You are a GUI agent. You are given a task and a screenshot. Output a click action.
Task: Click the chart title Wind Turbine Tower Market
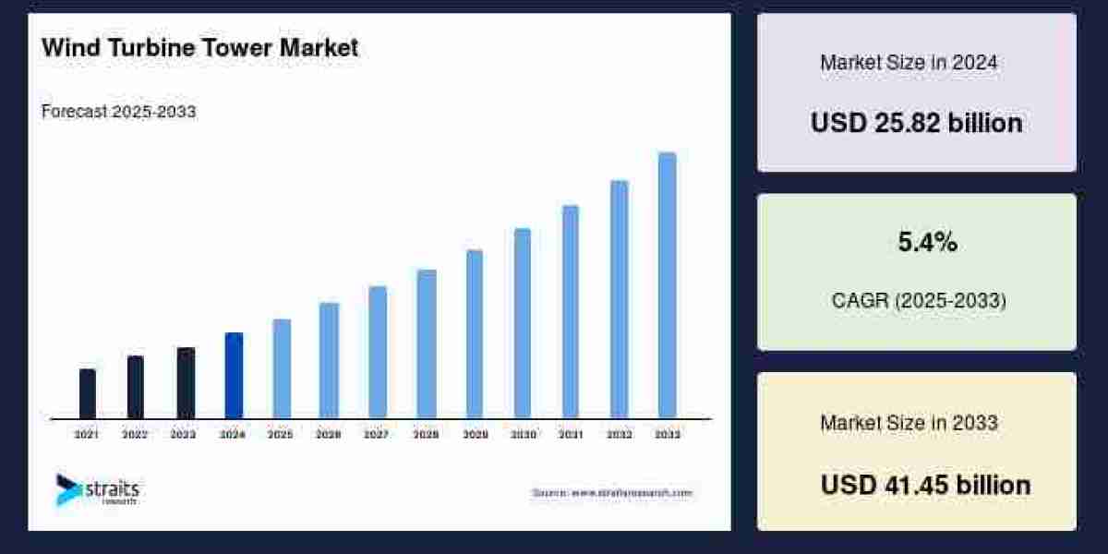pyautogui.click(x=199, y=48)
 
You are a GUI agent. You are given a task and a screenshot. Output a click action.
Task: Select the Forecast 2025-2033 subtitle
pyautogui.click(x=119, y=112)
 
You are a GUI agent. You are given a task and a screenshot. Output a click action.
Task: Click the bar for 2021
pyautogui.click(x=88, y=393)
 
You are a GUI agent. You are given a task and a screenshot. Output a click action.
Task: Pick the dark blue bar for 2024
pyautogui.click(x=234, y=375)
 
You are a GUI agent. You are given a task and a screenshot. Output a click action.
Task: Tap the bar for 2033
pyautogui.click(x=667, y=285)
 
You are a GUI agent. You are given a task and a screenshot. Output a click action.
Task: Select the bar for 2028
pyautogui.click(x=426, y=343)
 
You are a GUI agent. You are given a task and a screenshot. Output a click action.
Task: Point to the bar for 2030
pyautogui.click(x=523, y=323)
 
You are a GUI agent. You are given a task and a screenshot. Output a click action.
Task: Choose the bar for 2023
pyautogui.click(x=186, y=382)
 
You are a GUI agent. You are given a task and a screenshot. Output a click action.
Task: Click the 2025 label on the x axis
pyautogui.click(x=280, y=434)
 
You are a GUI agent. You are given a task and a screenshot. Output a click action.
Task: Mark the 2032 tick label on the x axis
pyautogui.click(x=619, y=434)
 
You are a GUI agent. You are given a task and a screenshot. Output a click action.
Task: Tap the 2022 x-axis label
pyautogui.click(x=135, y=434)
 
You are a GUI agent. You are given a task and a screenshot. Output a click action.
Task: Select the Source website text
pyautogui.click(x=611, y=493)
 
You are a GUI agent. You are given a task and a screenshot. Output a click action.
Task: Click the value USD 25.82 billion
pyautogui.click(x=916, y=123)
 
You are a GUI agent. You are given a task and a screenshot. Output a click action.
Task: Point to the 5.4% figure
pyautogui.click(x=927, y=243)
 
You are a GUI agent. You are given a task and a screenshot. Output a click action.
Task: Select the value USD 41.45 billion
pyautogui.click(x=925, y=485)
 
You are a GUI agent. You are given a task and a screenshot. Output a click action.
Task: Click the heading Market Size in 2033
pyautogui.click(x=909, y=423)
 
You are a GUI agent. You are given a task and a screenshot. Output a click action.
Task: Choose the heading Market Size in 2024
pyautogui.click(x=909, y=63)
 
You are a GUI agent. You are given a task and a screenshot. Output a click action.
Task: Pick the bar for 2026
pyautogui.click(x=329, y=360)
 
